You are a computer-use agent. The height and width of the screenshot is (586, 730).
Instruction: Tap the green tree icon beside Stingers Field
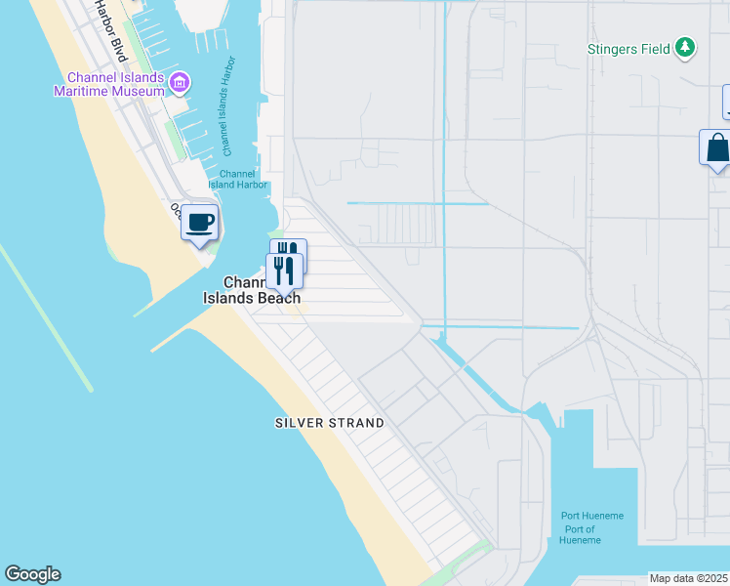(x=686, y=47)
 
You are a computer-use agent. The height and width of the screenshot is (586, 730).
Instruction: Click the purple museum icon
(x=179, y=83)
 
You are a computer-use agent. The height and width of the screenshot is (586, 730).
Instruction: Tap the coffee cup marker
(x=200, y=224)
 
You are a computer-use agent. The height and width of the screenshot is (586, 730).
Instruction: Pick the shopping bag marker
(x=716, y=148)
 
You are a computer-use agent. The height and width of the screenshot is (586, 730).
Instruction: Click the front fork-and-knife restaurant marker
(x=284, y=271)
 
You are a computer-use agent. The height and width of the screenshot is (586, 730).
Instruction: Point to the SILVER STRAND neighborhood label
(x=329, y=423)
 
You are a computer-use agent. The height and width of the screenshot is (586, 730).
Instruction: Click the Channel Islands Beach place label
(x=252, y=290)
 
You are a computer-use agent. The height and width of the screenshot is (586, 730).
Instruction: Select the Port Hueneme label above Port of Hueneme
(x=592, y=516)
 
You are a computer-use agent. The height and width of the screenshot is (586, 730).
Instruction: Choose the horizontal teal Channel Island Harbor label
(x=236, y=179)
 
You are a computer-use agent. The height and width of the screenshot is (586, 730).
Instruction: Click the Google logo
(x=32, y=574)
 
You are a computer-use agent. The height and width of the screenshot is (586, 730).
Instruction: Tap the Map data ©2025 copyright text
(x=689, y=578)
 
